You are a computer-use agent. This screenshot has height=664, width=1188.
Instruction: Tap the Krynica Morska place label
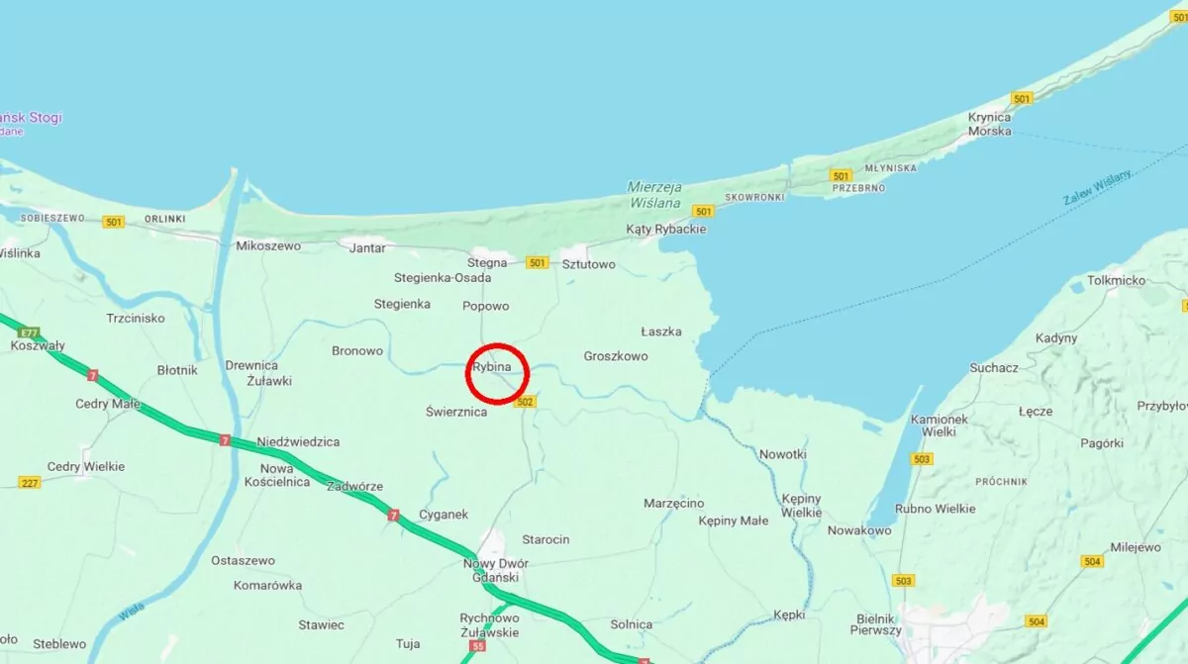(x=989, y=124)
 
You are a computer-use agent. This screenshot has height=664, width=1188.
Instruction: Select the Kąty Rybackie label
(x=666, y=229)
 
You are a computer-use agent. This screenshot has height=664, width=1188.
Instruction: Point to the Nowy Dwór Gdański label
(x=496, y=571)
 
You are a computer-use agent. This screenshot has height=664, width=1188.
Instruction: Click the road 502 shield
(x=525, y=402)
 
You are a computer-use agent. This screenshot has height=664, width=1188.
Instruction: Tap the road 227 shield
(x=30, y=482)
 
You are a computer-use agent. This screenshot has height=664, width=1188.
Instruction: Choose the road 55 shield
(x=478, y=646)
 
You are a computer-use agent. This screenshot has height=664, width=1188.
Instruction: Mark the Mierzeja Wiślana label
(x=654, y=195)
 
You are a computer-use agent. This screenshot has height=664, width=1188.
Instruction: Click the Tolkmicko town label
(x=1116, y=280)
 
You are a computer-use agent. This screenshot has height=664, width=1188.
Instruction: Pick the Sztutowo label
(x=588, y=264)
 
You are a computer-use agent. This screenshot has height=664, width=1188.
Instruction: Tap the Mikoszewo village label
(x=267, y=245)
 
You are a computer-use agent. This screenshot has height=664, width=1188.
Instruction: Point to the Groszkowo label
(x=615, y=356)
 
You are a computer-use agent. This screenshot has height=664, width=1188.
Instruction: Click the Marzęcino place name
(x=673, y=504)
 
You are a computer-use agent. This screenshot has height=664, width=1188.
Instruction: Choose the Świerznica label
(x=456, y=412)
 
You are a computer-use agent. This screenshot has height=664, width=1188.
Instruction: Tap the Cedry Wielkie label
(x=86, y=466)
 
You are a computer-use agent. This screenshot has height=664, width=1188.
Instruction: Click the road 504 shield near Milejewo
(x=1092, y=561)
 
